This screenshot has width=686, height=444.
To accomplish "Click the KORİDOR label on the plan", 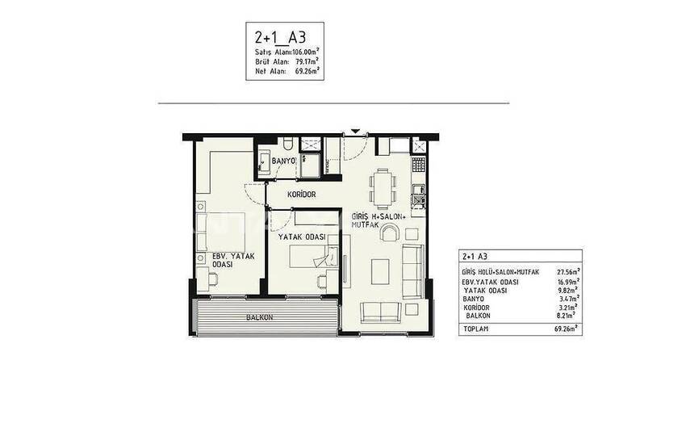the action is tap(302, 195).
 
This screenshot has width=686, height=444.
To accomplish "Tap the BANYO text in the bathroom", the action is tap(283, 161).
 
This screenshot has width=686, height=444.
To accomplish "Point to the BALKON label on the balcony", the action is tap(259, 317).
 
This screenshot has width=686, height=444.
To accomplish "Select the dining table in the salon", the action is tap(383, 189).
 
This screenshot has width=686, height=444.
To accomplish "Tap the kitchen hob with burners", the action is tap(419, 165).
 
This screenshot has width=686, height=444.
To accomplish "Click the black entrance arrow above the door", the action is tap(355, 132).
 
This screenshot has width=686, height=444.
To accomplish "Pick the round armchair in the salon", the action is tap(390, 232).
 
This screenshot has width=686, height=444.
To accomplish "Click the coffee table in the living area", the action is tap(380, 272).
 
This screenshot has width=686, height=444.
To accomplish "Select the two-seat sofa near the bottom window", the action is tap(381, 312).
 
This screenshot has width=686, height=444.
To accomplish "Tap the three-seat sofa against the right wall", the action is tap(413, 272).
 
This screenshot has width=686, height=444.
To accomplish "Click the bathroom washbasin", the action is tap(263, 162).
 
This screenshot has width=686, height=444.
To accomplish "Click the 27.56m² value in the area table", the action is tap(568, 271).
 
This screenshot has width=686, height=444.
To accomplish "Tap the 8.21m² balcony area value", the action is tap(566, 315).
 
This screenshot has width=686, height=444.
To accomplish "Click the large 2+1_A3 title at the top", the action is tap(279, 37).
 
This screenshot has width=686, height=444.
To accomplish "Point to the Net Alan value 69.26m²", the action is tap(307, 70).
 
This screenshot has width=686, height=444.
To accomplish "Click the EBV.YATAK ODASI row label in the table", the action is tap(490, 283).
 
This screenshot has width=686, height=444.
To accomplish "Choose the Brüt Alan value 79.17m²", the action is tap(307, 61).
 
